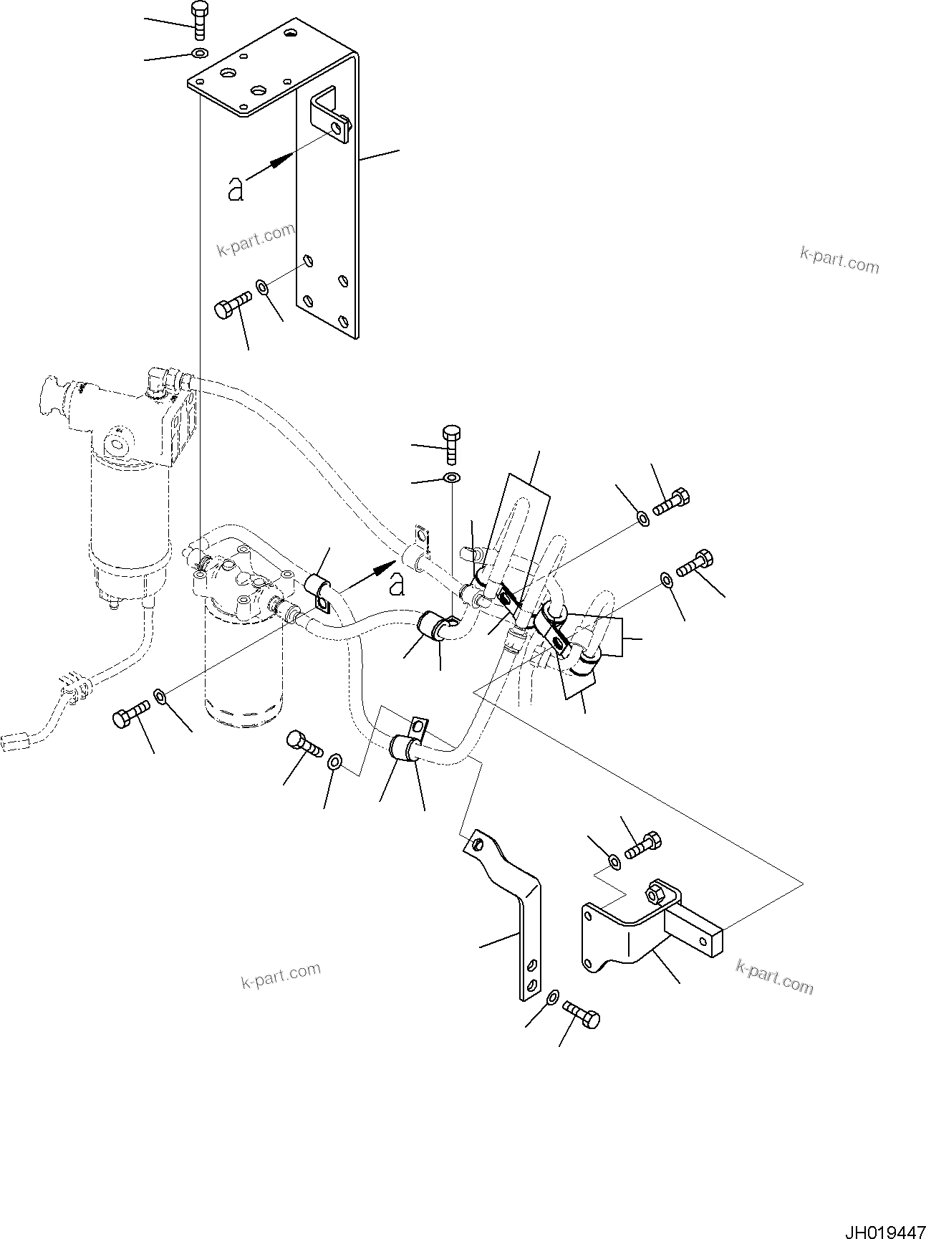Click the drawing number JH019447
(x=884, y=1227)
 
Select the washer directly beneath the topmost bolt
(x=198, y=52)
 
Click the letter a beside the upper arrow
(x=236, y=189)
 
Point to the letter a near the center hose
(x=397, y=585)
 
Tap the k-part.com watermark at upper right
(x=839, y=260)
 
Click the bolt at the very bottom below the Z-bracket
(x=582, y=1015)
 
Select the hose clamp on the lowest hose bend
(x=406, y=747)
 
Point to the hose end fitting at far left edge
(x=15, y=742)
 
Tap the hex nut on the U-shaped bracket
(x=655, y=894)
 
